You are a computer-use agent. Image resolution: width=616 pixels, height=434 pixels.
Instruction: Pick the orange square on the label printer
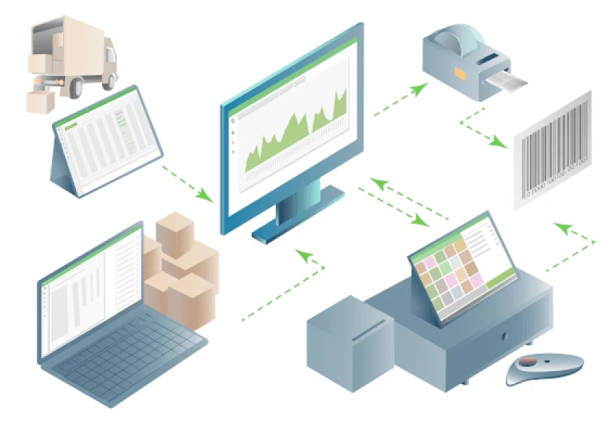tap(461, 72)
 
